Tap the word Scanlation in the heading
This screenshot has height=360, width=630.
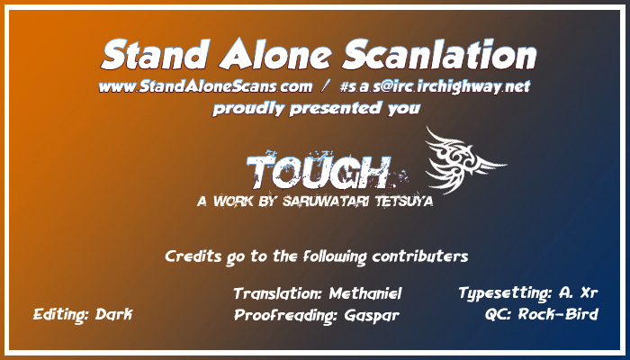click(439, 55)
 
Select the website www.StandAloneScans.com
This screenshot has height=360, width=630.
click(205, 86)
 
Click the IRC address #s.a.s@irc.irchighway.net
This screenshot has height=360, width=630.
click(435, 86)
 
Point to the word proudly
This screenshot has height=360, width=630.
click(248, 109)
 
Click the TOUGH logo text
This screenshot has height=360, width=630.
click(319, 173)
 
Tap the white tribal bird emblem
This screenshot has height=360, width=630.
click(464, 160)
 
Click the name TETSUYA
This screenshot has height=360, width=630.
click(404, 201)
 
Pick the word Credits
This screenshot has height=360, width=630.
click(193, 256)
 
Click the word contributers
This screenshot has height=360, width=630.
click(420, 256)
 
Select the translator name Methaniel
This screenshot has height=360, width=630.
click(365, 293)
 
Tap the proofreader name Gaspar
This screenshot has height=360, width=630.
click(372, 316)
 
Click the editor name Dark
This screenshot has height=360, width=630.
click(113, 314)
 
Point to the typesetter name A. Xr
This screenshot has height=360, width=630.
click(578, 292)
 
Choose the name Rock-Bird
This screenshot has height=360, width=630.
click(558, 314)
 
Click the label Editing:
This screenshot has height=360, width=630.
click(61, 315)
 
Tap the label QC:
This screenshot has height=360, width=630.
click(499, 315)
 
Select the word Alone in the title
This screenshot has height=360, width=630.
click(275, 55)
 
